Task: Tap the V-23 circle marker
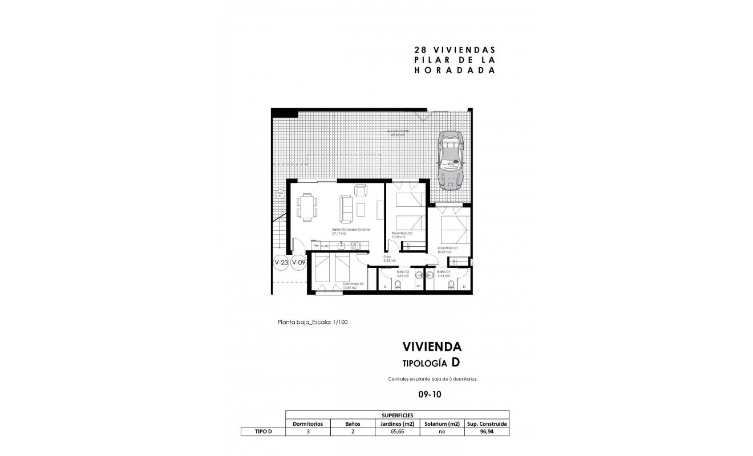coord(280,263)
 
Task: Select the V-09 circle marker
coord(298,263)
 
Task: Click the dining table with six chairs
coord(307,205)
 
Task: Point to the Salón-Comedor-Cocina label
coord(350,230)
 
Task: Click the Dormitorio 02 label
coord(402,234)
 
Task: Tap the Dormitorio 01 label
coord(448,249)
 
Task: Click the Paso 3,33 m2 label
coord(389,258)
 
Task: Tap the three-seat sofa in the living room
coord(346,209)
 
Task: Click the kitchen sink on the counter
coord(341,246)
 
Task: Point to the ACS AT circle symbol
coord(280,194)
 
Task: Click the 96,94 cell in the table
coord(486,432)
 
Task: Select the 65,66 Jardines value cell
coord(398,432)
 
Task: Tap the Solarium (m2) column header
coord(442,424)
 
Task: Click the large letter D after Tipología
coord(455,362)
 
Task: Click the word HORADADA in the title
coord(454,71)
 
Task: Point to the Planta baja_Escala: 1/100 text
coord(313,322)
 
